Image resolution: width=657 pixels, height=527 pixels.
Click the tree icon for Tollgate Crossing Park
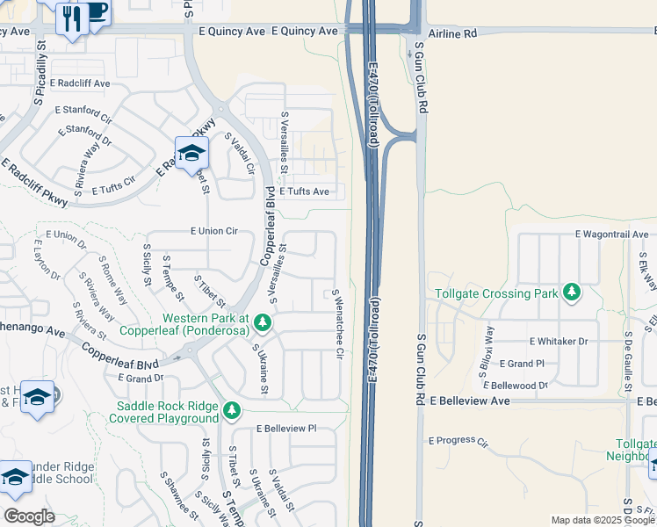[x=572, y=291]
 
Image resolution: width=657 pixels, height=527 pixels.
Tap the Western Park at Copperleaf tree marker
[x=262, y=325]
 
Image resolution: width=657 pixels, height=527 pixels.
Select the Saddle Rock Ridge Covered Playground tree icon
[x=232, y=410]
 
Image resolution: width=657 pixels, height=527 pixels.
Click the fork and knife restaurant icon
[x=70, y=17]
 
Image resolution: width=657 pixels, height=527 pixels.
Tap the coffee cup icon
[x=96, y=11]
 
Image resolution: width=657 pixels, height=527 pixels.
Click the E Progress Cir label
[x=458, y=441]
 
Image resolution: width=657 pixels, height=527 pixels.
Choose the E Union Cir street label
[x=214, y=231]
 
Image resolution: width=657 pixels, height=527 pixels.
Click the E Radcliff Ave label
[x=80, y=83]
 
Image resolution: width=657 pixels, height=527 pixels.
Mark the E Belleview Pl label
[x=286, y=429]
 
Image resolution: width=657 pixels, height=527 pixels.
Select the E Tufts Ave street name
[x=304, y=191]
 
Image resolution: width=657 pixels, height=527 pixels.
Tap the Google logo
[x=29, y=516]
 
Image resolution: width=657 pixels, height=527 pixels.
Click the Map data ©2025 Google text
[x=602, y=520]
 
